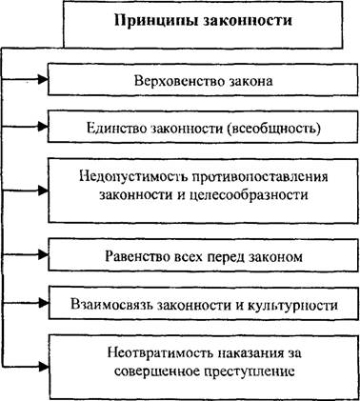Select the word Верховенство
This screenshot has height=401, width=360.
179,81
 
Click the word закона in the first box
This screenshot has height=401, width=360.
250,81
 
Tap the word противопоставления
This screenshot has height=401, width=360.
259,176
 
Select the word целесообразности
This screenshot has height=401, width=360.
250,194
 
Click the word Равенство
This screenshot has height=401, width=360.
137,256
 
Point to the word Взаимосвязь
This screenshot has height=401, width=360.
112,305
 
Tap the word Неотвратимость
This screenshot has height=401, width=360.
160,353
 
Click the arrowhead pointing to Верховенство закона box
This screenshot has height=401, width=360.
43,80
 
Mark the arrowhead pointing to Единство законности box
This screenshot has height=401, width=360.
43,127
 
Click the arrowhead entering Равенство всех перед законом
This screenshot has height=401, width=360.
43,254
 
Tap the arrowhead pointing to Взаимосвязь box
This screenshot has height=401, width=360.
43,303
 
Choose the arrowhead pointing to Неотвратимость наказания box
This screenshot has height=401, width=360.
43,366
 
